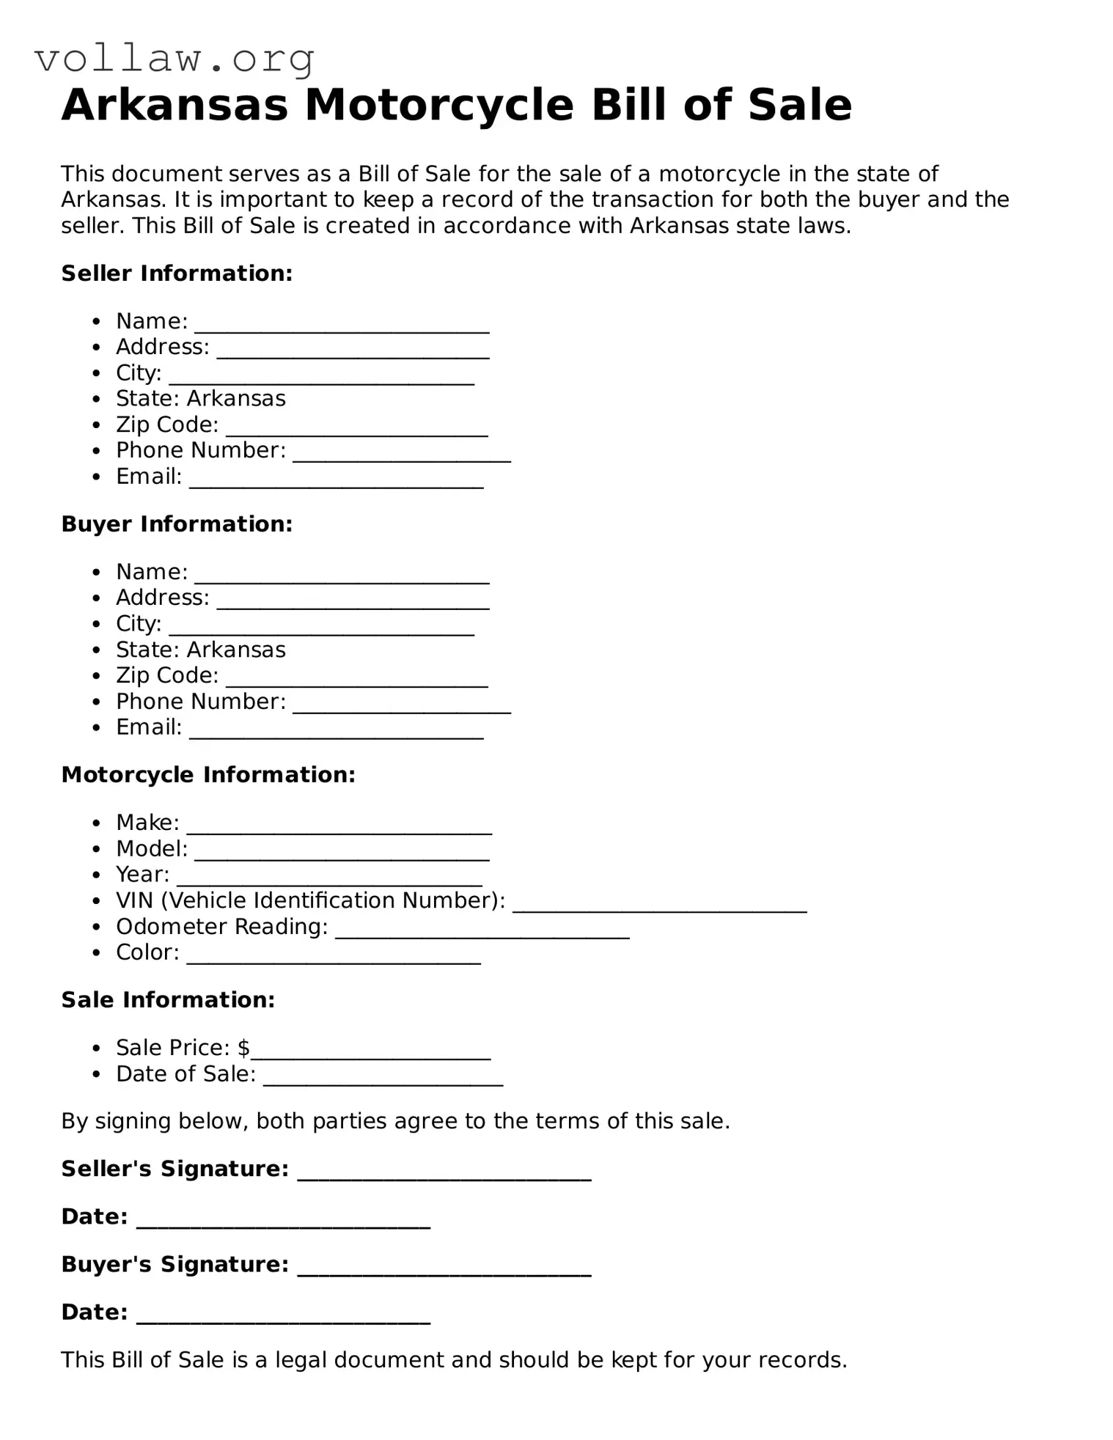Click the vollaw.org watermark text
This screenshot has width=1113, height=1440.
175,59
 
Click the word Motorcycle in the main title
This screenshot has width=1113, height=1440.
438,105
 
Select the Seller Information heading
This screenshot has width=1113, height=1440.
177,273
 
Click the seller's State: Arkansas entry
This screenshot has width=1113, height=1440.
200,398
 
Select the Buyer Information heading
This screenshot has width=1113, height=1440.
177,524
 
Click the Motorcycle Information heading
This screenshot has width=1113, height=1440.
208,775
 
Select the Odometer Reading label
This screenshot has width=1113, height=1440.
221,927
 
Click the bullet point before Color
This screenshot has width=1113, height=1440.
97,953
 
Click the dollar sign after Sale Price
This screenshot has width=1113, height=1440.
244,1048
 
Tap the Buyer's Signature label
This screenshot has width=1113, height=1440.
175,1264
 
